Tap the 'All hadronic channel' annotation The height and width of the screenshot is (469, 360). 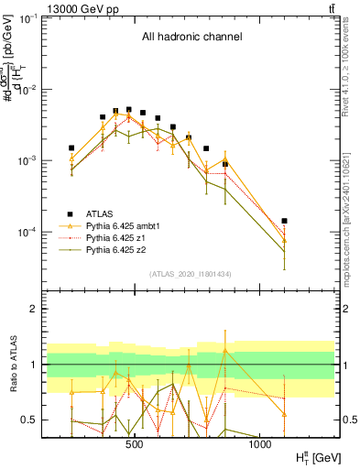191,38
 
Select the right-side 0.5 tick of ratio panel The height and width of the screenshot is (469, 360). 350,420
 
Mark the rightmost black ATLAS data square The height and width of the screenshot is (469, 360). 284,221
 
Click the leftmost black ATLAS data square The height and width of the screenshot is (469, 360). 71,147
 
